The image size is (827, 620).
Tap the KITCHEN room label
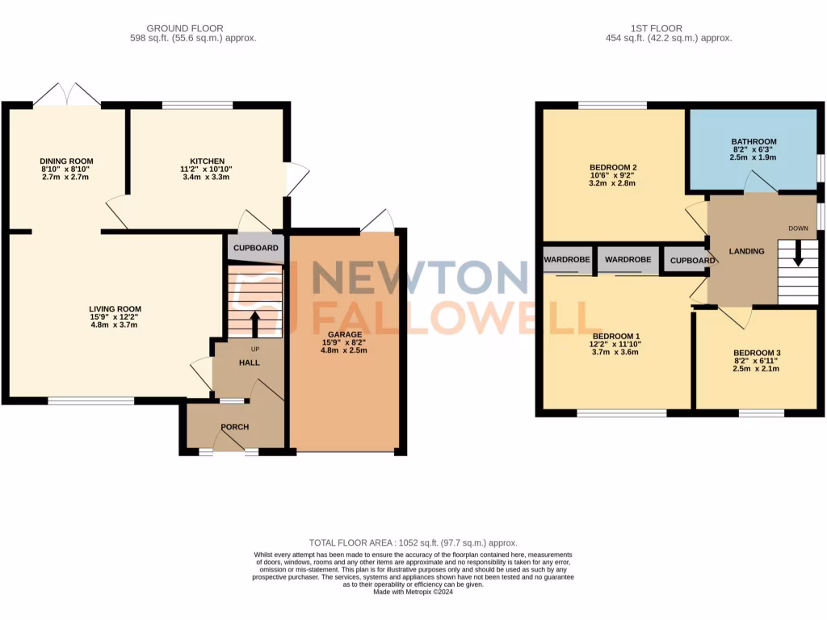(207, 161)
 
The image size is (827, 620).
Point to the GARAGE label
(344, 334)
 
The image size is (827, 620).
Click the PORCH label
(235, 427)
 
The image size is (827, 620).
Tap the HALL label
(249, 363)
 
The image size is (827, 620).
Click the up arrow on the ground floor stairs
(256, 324)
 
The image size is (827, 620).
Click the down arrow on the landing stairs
(799, 256)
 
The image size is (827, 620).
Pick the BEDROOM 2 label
(614, 168)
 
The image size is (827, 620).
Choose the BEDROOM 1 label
(616, 336)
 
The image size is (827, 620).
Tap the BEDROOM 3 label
(757, 354)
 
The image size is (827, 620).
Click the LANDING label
(746, 251)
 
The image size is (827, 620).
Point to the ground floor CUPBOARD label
(256, 248)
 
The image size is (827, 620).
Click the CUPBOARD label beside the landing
(692, 261)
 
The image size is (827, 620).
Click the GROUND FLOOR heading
(185, 28)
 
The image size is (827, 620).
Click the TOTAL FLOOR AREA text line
(413, 543)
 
